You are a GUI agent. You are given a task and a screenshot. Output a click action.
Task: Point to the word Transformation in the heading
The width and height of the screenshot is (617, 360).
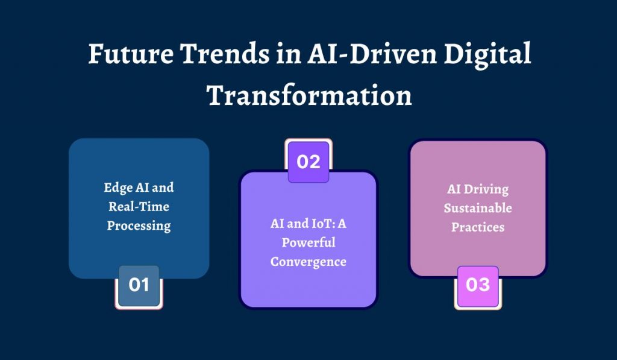[309, 95]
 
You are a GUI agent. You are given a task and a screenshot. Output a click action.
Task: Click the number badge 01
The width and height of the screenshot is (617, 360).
[139, 285]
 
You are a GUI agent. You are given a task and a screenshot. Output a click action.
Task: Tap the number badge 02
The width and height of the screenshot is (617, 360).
[308, 162]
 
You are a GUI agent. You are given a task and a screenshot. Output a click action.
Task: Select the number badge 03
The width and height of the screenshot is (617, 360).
[478, 285]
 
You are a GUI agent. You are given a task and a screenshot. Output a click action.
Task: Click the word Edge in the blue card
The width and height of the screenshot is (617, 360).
[116, 188]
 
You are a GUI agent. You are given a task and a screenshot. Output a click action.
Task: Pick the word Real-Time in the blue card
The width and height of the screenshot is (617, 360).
[139, 207]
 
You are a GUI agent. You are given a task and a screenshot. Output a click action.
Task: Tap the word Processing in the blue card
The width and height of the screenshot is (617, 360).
[139, 226]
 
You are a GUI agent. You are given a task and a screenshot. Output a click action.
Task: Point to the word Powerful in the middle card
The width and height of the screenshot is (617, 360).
[308, 243]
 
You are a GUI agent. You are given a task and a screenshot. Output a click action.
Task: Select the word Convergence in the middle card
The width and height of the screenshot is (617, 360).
[308, 262]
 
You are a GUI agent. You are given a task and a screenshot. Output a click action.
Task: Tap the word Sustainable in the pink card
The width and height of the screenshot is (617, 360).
[478, 209]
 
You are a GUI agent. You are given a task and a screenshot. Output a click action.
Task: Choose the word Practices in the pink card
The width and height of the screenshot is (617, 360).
[478, 228]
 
